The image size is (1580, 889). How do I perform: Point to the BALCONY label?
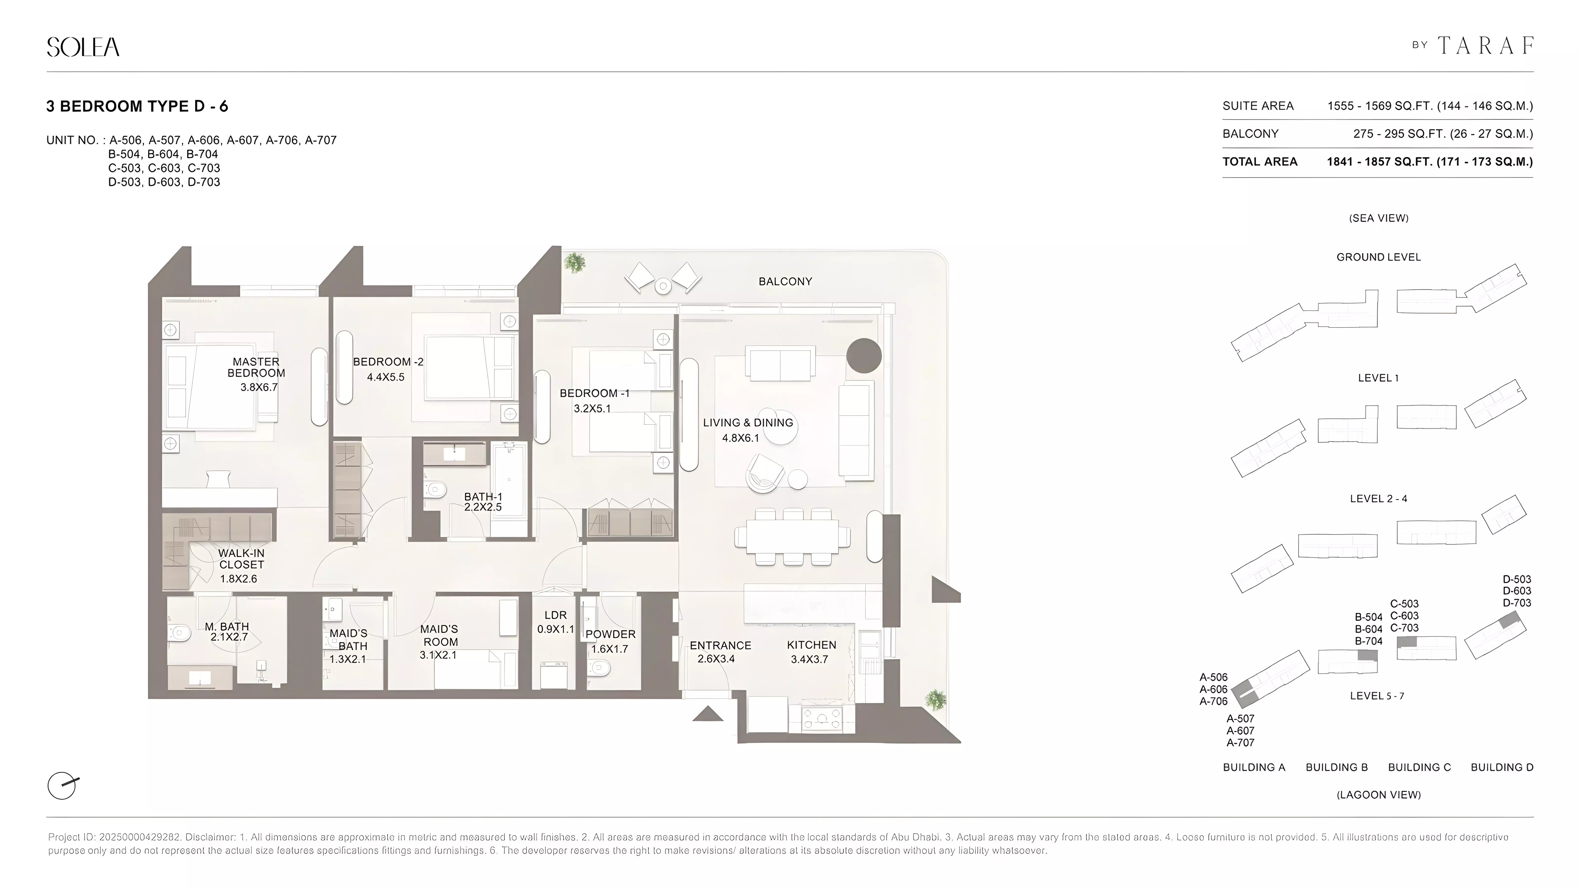785,282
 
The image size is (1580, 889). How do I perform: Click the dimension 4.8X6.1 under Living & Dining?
740,438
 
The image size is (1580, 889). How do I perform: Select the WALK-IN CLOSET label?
241,559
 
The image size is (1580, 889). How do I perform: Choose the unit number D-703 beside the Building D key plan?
1517,603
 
